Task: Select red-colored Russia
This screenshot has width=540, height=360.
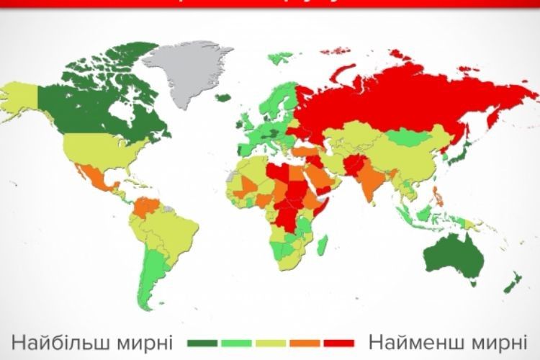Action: click(403, 101)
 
